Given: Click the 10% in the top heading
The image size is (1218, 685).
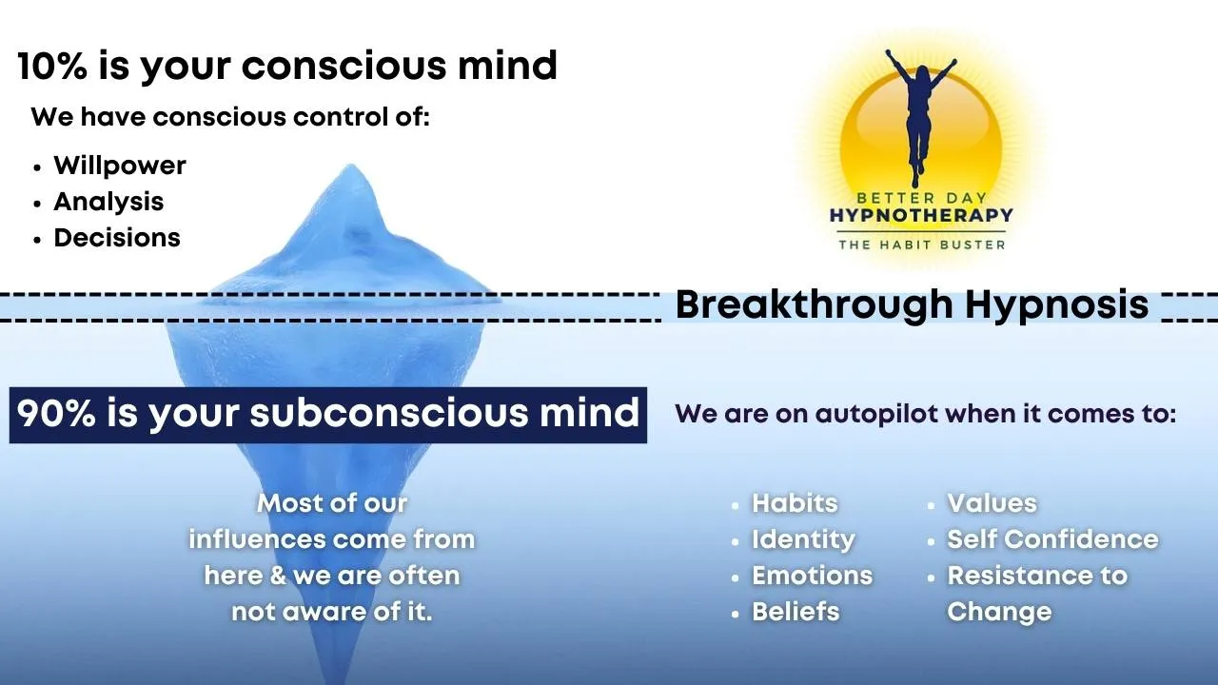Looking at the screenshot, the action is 52,66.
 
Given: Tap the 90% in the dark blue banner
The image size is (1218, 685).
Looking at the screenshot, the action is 56,413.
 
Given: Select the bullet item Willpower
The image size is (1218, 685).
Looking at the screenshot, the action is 120,166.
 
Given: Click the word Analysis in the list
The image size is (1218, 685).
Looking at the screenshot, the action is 108,202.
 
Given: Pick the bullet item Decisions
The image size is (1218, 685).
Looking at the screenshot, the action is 117,238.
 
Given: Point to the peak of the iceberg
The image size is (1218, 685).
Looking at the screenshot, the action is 351,165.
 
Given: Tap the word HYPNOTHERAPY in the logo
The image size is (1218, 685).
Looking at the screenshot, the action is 921,215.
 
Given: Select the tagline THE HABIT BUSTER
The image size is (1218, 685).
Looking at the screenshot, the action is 922,245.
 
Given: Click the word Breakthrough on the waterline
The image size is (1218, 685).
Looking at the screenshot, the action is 814,304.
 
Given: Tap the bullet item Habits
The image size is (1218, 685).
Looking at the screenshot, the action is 795,503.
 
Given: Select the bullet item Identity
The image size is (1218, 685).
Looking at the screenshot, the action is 803,539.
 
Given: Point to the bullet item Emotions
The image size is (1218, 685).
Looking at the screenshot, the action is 813,576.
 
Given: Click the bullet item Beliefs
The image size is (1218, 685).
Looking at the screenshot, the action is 796,611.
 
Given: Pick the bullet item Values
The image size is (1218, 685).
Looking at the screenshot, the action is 992,503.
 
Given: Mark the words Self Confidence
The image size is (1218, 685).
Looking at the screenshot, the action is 1052,539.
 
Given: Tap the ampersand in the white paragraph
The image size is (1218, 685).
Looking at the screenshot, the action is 278,576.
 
